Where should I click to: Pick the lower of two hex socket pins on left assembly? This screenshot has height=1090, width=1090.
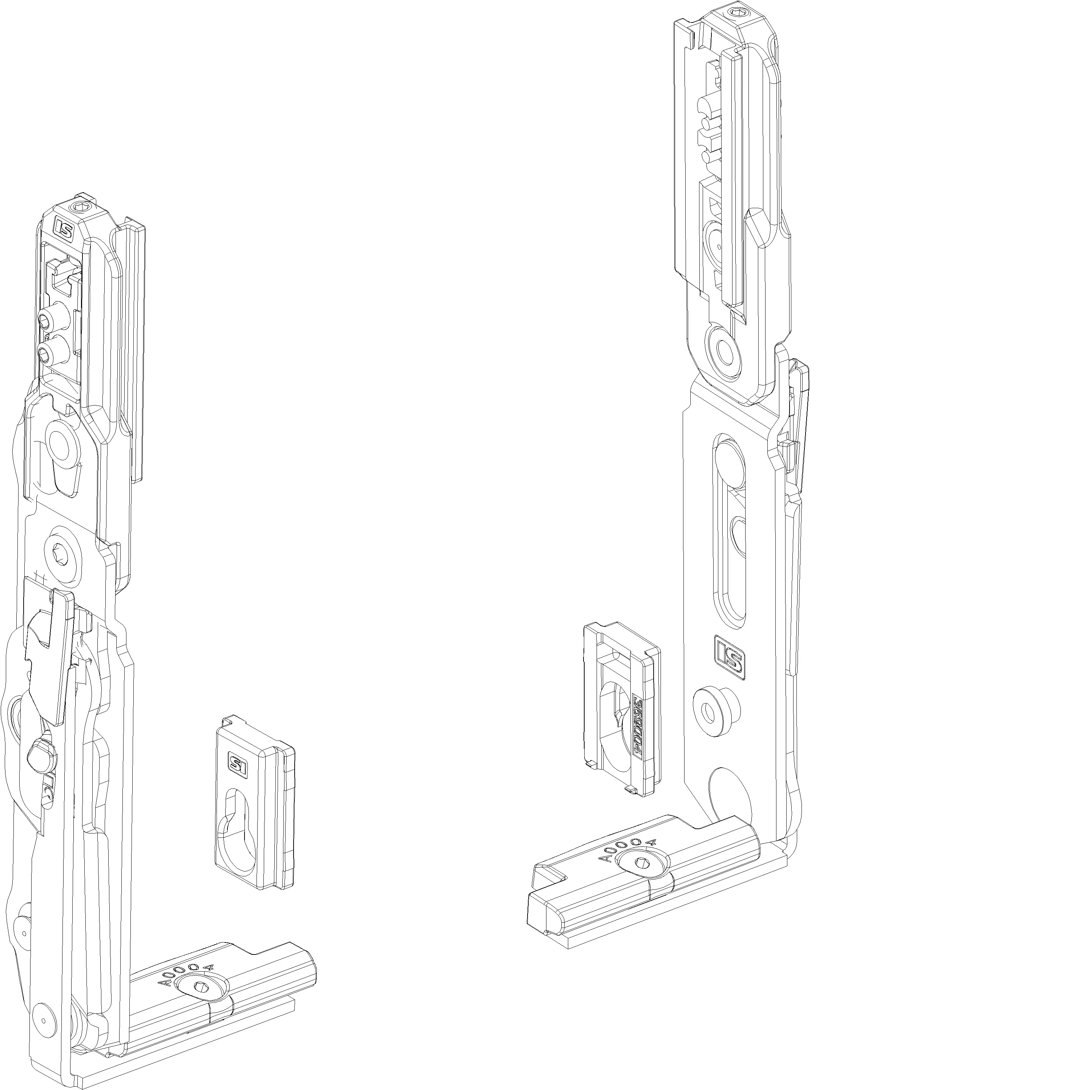(x=45, y=354)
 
